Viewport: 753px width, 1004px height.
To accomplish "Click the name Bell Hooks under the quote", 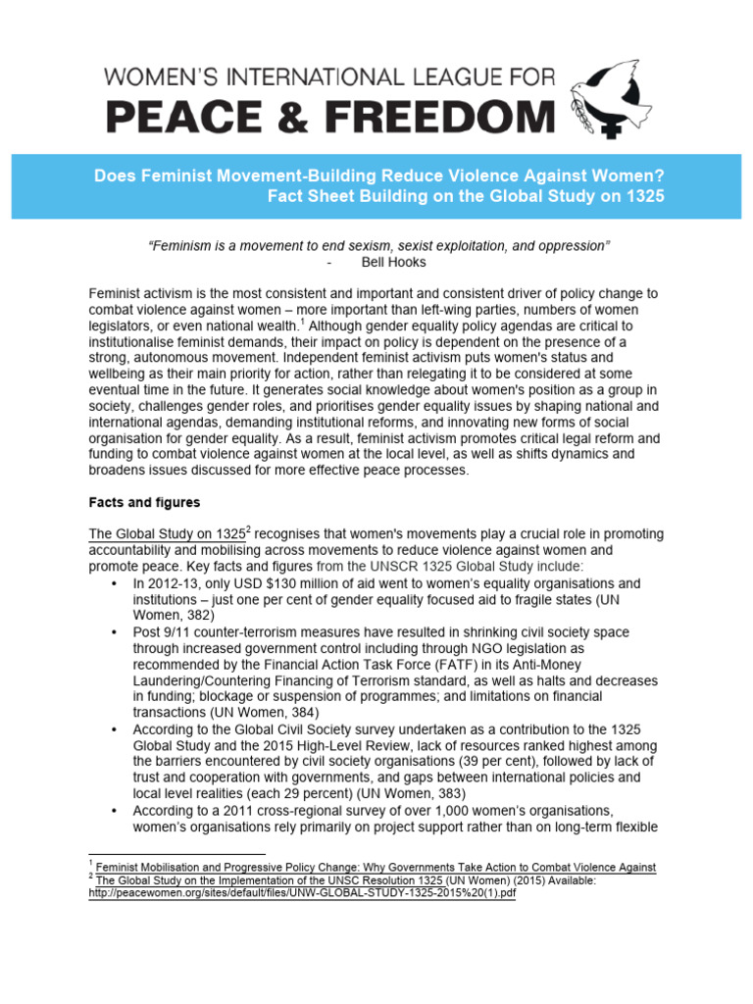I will (x=393, y=263).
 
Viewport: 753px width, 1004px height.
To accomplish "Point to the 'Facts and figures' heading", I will (x=144, y=503).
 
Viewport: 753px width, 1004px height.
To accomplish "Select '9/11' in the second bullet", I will (x=181, y=632).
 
